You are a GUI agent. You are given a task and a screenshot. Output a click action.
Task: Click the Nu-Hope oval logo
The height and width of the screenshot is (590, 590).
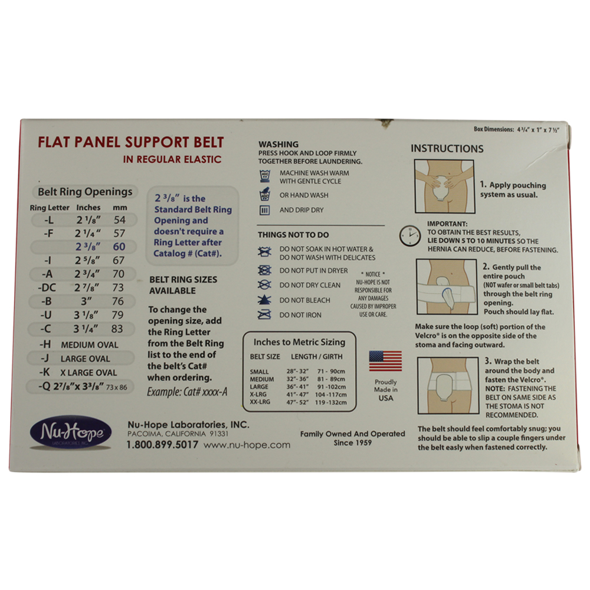click(71, 432)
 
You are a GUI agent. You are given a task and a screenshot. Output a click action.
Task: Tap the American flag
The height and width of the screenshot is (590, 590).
click(385, 361)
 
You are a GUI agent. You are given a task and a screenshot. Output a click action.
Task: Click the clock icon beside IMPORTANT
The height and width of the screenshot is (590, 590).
click(410, 236)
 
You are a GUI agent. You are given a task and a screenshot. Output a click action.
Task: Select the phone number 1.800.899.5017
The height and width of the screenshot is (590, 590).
click(162, 445)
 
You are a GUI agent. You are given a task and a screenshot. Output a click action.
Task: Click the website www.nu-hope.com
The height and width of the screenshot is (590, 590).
click(247, 445)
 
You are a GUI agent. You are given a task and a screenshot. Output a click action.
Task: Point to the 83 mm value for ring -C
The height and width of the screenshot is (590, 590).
click(117, 329)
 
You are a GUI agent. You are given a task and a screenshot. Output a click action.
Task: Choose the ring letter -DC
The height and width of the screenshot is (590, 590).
click(47, 288)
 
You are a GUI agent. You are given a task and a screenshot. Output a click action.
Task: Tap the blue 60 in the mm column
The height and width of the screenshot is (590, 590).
click(119, 247)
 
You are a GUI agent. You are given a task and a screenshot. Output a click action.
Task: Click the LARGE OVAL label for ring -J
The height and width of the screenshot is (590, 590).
click(86, 359)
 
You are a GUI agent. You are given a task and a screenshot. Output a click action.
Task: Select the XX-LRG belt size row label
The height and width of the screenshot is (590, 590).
click(260, 402)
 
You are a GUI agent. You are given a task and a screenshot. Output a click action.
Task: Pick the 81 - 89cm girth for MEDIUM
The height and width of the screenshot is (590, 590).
click(331, 379)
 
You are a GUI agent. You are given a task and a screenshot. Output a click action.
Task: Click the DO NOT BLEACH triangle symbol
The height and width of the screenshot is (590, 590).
click(264, 300)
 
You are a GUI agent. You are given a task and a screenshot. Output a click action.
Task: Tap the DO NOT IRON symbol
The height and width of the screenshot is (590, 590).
click(264, 314)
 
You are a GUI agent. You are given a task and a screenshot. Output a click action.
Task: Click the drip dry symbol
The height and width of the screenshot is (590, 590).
click(264, 210)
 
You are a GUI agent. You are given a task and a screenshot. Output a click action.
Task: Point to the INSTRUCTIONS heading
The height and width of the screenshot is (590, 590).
click(447, 149)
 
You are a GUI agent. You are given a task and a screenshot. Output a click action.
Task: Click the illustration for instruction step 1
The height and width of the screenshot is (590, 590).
click(444, 186)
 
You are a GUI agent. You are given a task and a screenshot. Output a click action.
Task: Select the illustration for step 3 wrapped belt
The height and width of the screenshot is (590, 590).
click(448, 386)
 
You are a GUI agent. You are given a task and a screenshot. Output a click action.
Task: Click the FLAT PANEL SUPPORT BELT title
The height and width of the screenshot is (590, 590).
click(130, 142)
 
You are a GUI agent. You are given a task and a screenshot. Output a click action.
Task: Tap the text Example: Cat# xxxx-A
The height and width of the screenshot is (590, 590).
click(187, 392)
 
